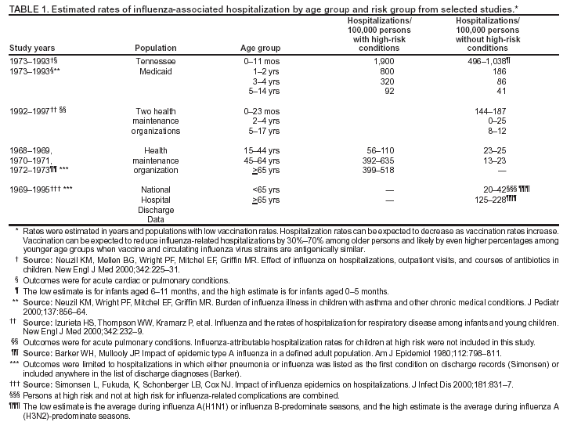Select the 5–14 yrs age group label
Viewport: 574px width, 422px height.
[x=260, y=91]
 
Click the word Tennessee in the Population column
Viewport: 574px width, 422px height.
[x=156, y=60]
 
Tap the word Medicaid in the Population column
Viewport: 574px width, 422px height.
[x=156, y=70]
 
